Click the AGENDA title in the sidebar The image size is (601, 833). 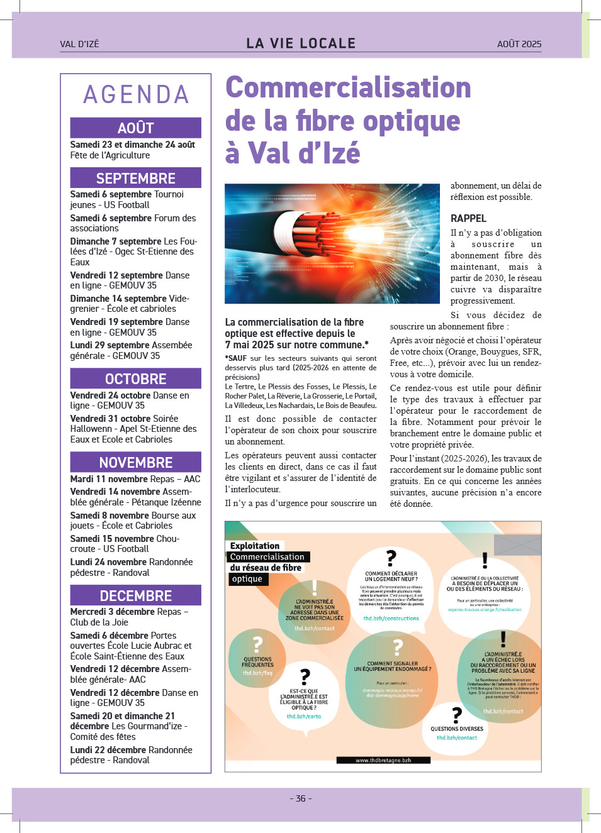136,95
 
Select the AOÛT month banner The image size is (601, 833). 136,128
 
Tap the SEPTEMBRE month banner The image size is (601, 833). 136,178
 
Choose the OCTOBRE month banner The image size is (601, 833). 136,378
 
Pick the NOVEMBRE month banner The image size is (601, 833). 136,462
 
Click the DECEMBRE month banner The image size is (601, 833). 136,595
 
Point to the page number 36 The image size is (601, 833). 301,798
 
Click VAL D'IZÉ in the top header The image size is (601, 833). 79,44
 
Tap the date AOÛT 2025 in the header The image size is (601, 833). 519,44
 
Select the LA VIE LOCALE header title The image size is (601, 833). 301,43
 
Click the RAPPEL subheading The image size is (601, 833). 468,218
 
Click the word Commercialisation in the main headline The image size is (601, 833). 348,87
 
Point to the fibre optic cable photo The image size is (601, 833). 332,244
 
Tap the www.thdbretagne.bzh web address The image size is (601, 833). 383,760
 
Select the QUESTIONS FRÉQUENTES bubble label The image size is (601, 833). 257,662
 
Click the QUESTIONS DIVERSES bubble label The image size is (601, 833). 457,729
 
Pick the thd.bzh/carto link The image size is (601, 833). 304,717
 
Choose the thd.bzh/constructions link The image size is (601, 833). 391,619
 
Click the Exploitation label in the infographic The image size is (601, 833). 255,546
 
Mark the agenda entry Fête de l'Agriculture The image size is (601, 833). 110,155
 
